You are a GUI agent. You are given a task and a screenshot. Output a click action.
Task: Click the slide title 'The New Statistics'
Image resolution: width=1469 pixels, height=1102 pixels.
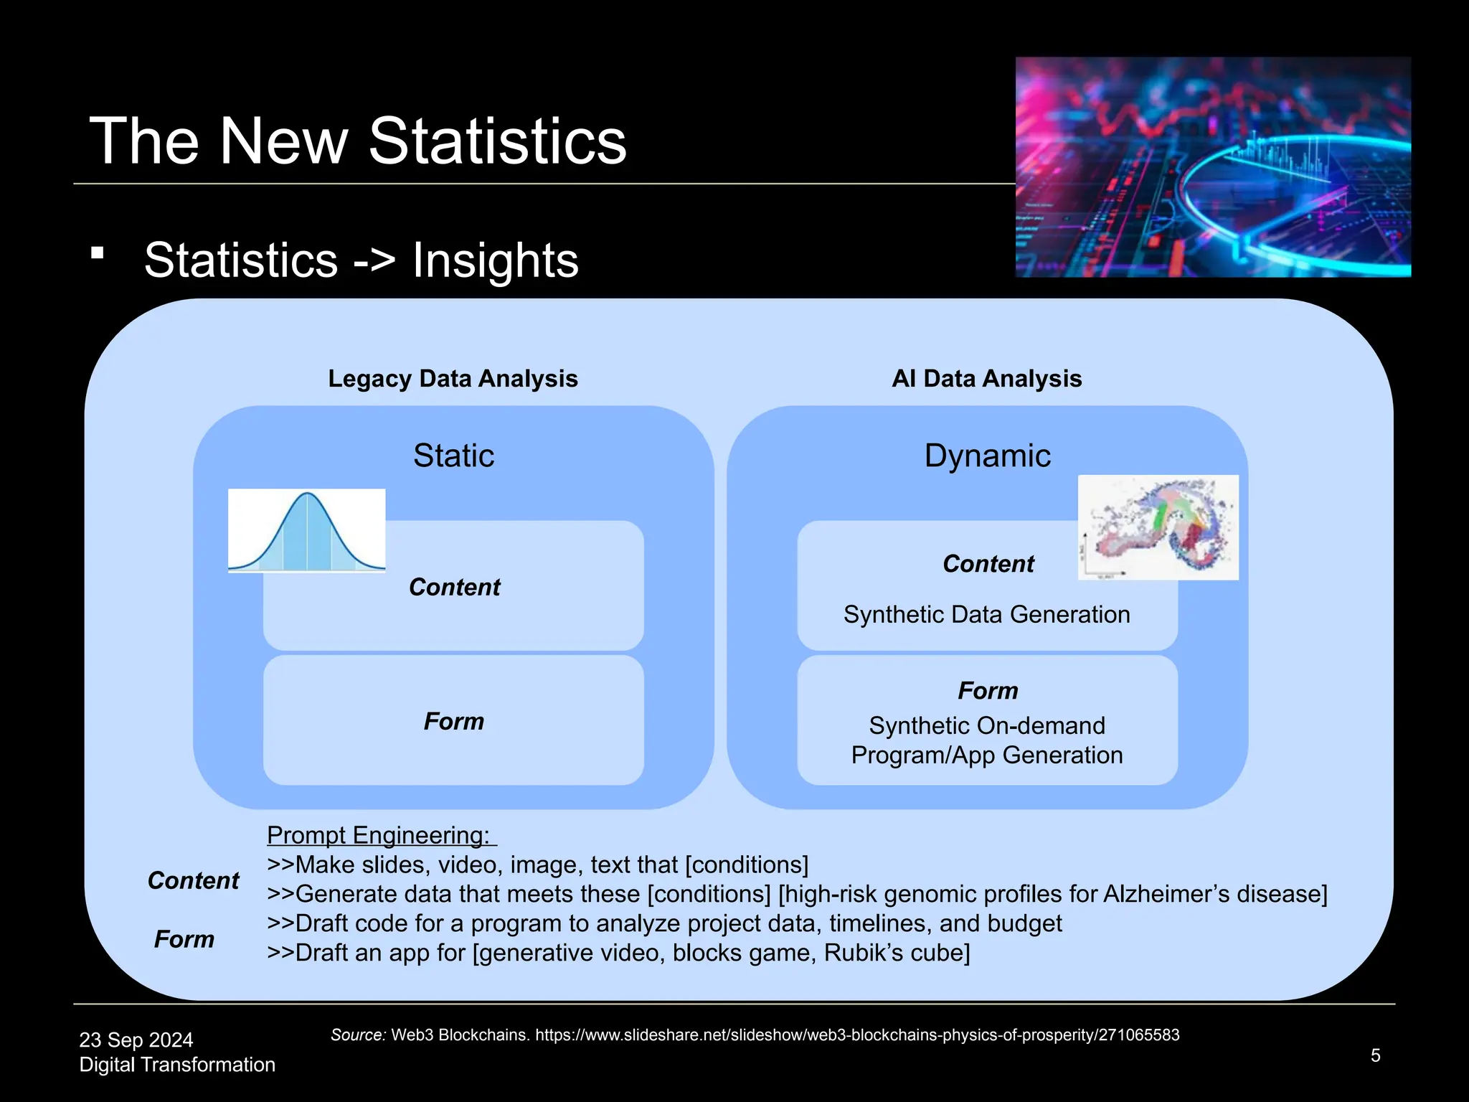pyautogui.click(x=357, y=141)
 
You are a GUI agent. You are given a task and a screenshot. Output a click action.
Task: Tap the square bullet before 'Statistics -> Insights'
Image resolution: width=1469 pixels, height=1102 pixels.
pyautogui.click(x=98, y=253)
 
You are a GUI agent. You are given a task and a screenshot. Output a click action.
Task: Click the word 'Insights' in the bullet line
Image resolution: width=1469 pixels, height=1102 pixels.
pyautogui.click(x=495, y=260)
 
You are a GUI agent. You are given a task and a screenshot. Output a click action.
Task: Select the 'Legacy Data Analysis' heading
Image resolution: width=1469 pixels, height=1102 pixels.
pyautogui.click(x=453, y=378)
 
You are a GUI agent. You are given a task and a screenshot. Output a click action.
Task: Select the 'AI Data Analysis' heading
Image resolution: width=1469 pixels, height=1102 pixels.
pyautogui.click(x=986, y=378)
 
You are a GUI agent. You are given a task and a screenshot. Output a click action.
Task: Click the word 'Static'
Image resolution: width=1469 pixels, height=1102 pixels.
pyautogui.click(x=453, y=456)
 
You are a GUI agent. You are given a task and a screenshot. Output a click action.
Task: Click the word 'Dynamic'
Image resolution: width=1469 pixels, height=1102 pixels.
pyautogui.click(x=987, y=456)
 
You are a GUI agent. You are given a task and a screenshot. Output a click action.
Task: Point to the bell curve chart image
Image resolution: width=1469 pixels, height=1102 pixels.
pyautogui.click(x=306, y=531)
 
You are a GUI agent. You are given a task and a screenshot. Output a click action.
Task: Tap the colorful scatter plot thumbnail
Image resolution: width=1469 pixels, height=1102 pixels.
pyautogui.click(x=1158, y=527)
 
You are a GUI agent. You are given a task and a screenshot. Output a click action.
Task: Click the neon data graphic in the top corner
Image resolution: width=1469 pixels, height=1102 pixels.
pyautogui.click(x=1212, y=167)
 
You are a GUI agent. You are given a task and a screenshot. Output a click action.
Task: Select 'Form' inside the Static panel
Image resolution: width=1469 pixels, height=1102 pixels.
pyautogui.click(x=453, y=721)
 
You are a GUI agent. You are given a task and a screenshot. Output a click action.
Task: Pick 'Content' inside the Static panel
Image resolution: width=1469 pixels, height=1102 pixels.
pyautogui.click(x=454, y=587)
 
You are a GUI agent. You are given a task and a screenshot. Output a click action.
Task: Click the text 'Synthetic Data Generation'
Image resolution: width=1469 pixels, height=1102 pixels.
pyautogui.click(x=986, y=615)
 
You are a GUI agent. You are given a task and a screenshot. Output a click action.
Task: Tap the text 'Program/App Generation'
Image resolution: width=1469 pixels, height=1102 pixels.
pyautogui.click(x=986, y=755)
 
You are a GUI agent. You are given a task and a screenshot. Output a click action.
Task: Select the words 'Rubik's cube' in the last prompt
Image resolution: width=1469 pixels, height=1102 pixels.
pyautogui.click(x=896, y=953)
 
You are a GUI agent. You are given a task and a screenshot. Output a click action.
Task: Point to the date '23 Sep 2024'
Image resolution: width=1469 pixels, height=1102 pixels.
pyautogui.click(x=136, y=1040)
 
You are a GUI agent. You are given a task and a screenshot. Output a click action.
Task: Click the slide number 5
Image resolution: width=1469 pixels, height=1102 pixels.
pyautogui.click(x=1375, y=1055)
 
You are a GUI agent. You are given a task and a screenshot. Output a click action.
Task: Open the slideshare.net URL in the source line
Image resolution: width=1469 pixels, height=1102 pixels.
pyautogui.click(x=857, y=1035)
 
